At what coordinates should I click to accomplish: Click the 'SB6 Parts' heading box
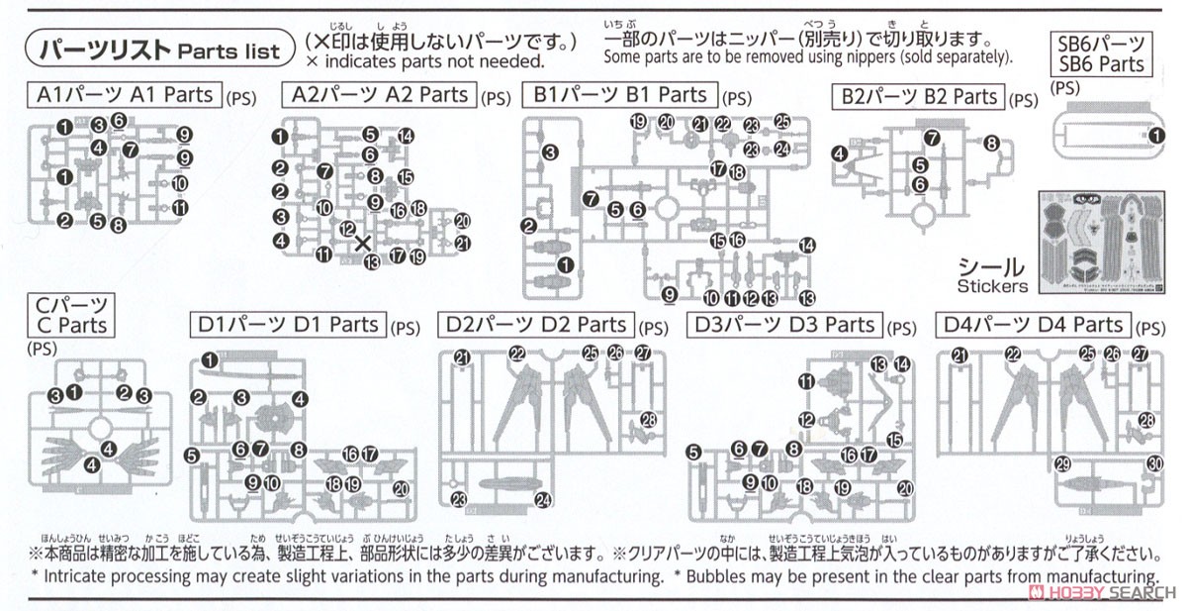1099,53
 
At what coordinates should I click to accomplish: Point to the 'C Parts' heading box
69,314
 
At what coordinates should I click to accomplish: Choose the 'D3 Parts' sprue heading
782,325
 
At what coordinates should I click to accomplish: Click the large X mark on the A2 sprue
363,243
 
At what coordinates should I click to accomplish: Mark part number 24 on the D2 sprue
542,500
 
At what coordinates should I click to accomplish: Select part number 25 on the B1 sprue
782,122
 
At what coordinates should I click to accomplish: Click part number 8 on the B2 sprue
991,144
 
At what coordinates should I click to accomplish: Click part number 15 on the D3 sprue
894,441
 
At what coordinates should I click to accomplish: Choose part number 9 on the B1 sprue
670,293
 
